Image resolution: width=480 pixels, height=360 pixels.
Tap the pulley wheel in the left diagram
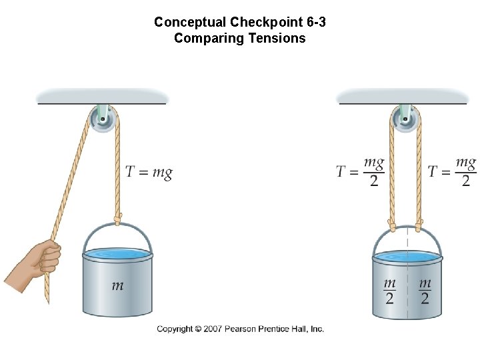point(103,120)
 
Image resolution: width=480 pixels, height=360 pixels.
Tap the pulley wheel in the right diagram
point(405,120)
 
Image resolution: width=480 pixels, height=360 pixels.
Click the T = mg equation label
point(149,173)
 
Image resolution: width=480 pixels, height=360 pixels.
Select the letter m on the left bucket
point(117,286)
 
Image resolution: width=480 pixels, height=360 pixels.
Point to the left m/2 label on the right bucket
point(389,291)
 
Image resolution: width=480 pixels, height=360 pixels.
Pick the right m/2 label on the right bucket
point(425,291)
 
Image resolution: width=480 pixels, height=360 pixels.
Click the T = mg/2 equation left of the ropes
point(360,172)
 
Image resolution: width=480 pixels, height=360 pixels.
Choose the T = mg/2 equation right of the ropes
point(452,172)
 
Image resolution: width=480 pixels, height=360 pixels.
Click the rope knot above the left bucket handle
point(118,219)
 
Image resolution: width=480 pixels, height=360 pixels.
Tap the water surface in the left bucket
point(117,255)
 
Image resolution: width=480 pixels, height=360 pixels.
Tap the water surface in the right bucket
point(407,257)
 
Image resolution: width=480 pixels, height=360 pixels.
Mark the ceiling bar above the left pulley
point(101,98)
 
